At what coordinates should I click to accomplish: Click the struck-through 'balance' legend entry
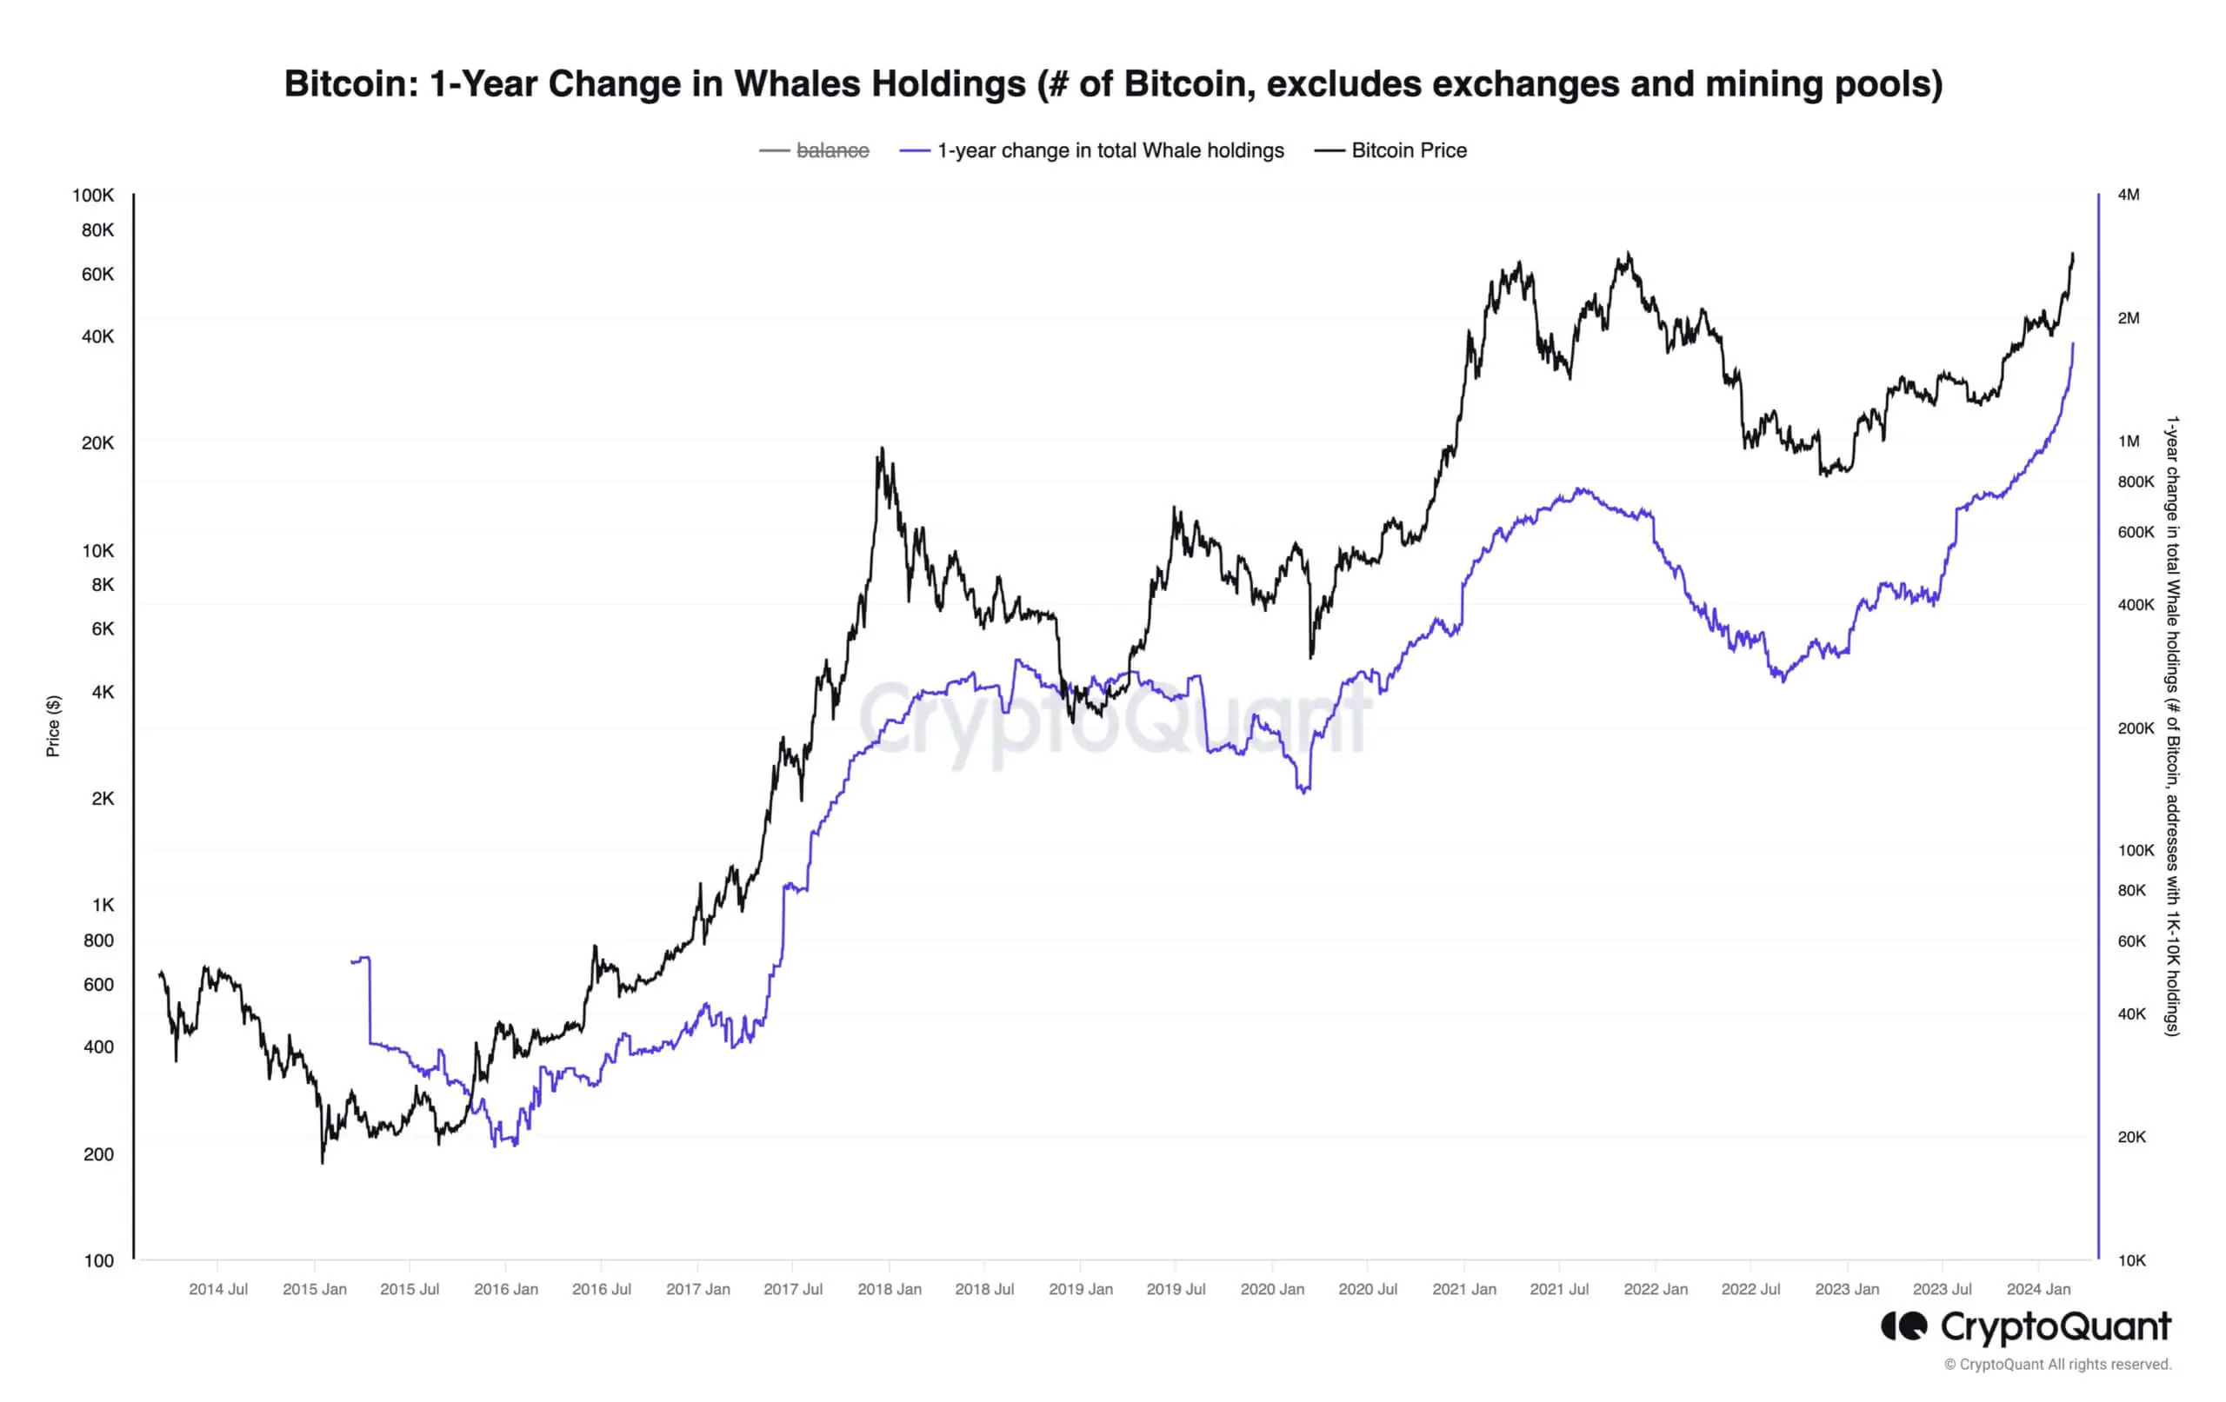pyautogui.click(x=831, y=150)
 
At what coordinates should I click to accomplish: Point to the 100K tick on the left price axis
pyautogui.click(x=93, y=195)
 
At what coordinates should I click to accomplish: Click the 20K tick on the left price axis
pyautogui.click(x=98, y=442)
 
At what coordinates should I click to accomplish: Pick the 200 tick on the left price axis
pyautogui.click(x=99, y=1154)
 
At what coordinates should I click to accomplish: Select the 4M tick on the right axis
pyautogui.click(x=2128, y=195)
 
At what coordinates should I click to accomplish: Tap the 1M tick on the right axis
pyautogui.click(x=2128, y=442)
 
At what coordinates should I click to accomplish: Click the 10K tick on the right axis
pyautogui.click(x=2130, y=1260)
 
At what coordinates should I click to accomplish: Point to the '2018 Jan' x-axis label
pyautogui.click(x=890, y=1289)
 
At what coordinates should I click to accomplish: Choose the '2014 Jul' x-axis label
pyautogui.click(x=218, y=1289)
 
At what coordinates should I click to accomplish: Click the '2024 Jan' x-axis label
pyautogui.click(x=2038, y=1289)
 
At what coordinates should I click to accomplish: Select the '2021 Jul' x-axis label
pyautogui.click(x=1559, y=1289)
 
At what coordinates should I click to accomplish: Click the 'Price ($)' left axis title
pyautogui.click(x=54, y=727)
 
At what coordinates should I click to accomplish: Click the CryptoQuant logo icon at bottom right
pyautogui.click(x=1904, y=1326)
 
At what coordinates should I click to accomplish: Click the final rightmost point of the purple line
pyautogui.click(x=2073, y=344)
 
